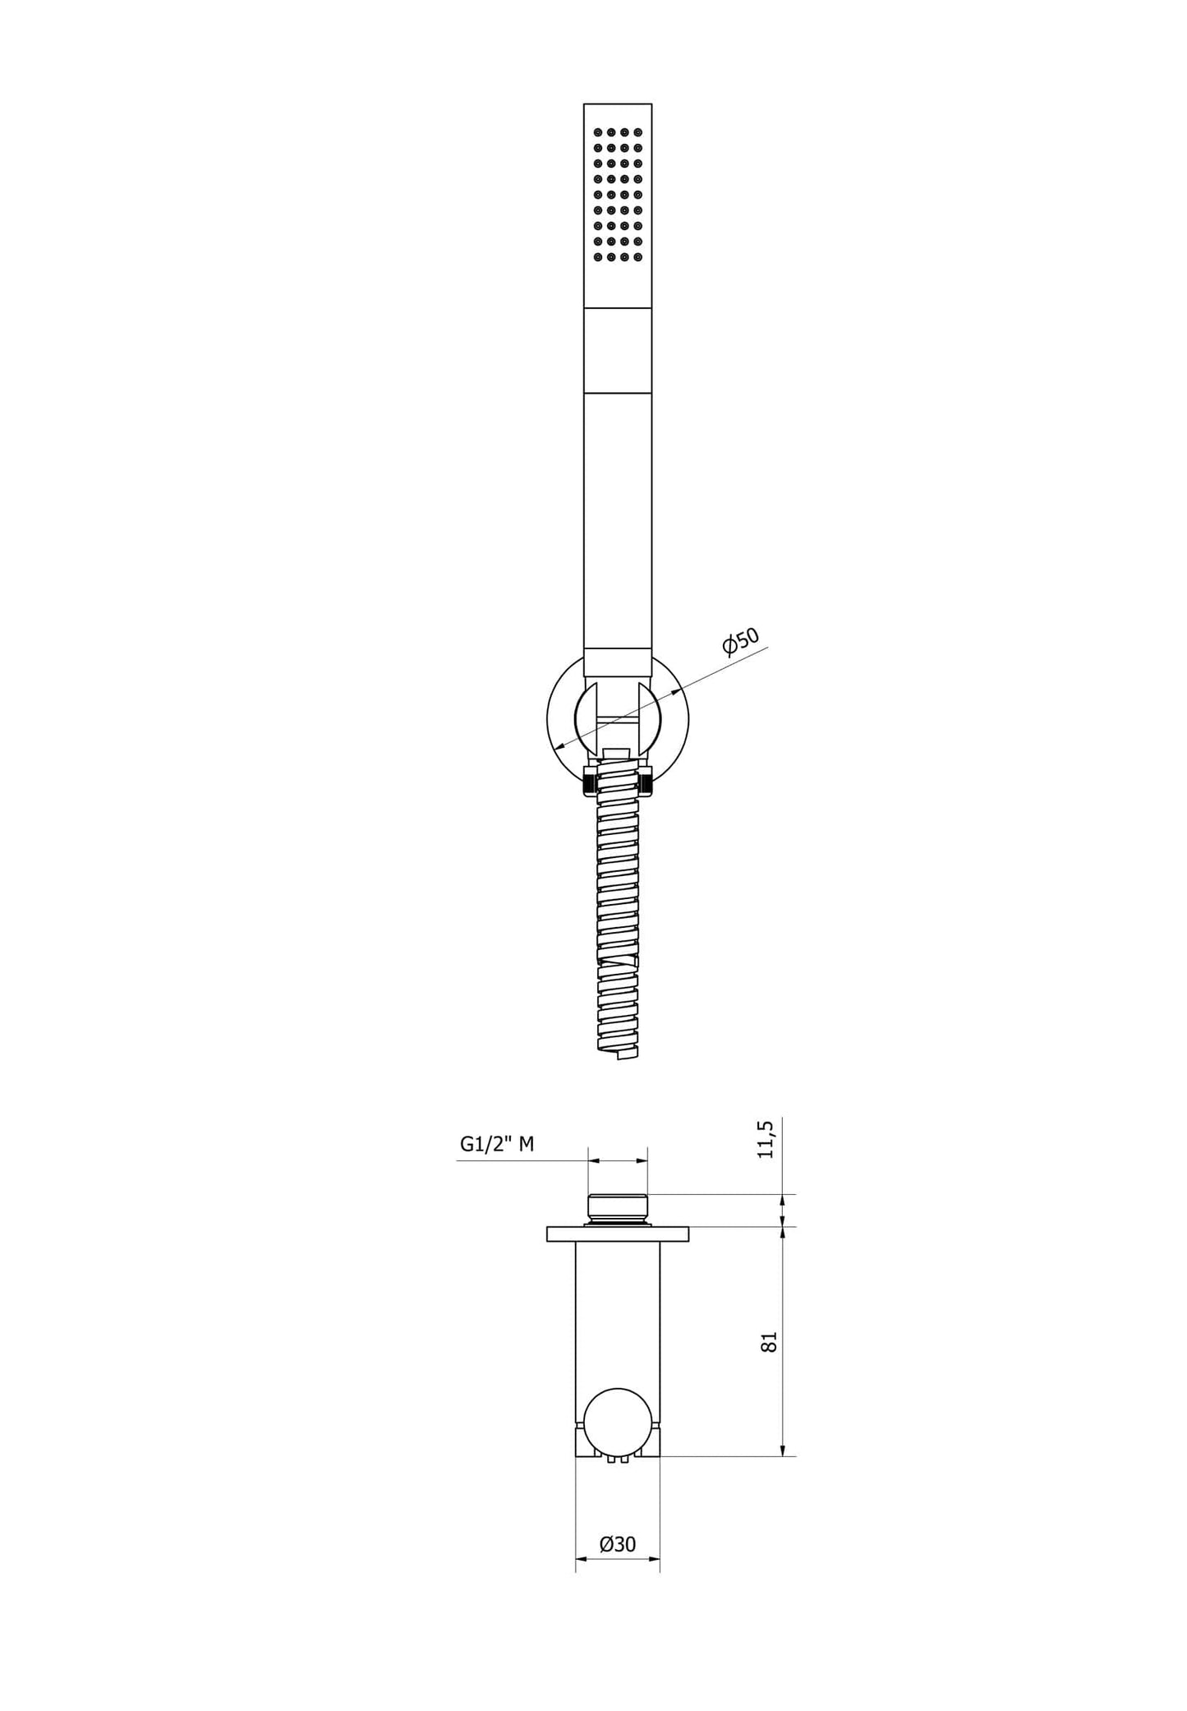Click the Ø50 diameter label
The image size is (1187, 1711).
click(x=741, y=641)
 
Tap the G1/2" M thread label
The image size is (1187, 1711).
click(x=496, y=1143)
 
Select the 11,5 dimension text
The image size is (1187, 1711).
click(x=766, y=1138)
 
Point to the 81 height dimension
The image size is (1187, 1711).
click(x=769, y=1341)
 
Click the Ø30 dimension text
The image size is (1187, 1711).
click(x=618, y=1544)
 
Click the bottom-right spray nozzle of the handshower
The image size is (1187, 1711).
click(x=638, y=258)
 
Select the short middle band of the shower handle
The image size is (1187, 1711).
click(x=618, y=351)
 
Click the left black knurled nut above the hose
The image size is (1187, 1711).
click(x=587, y=782)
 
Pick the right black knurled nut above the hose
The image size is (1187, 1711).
click(x=649, y=782)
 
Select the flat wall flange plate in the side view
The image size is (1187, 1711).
click(x=618, y=1234)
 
